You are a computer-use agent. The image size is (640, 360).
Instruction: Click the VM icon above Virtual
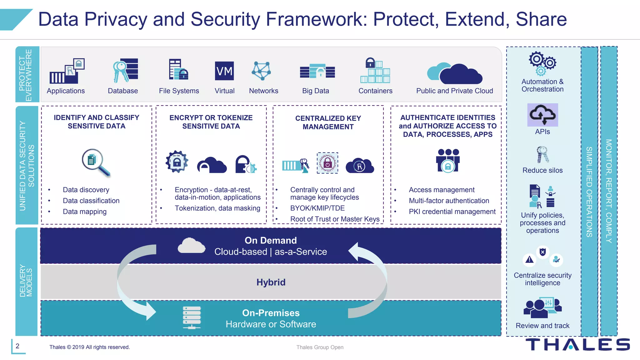(x=224, y=71)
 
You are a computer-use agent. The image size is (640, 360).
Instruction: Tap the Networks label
(x=263, y=91)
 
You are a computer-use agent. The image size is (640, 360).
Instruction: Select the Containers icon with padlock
(x=375, y=70)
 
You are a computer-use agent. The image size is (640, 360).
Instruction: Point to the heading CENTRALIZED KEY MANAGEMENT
(x=328, y=122)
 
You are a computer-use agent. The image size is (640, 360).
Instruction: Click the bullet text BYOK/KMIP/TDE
(x=317, y=208)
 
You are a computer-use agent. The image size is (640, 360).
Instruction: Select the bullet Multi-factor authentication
(x=449, y=201)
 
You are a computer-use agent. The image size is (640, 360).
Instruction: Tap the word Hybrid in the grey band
(x=271, y=282)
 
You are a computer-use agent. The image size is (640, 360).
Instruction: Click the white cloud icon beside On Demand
(x=192, y=246)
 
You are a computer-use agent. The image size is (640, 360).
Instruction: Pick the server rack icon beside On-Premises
(x=192, y=317)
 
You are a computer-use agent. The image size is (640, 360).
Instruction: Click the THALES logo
(x=577, y=344)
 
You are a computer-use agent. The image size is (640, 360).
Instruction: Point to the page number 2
(x=17, y=346)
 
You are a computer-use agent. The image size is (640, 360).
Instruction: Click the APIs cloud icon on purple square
(x=542, y=115)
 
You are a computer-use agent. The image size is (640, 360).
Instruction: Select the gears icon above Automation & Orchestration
(x=542, y=63)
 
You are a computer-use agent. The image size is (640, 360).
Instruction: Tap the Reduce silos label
(x=542, y=170)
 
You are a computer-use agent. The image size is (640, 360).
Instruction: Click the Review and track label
(x=542, y=326)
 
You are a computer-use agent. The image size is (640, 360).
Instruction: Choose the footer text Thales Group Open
(x=320, y=347)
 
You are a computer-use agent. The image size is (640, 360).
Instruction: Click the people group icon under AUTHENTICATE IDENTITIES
(x=448, y=160)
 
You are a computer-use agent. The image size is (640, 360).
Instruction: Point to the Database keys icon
(x=125, y=71)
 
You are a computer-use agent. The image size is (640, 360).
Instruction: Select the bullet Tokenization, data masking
(x=217, y=208)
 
